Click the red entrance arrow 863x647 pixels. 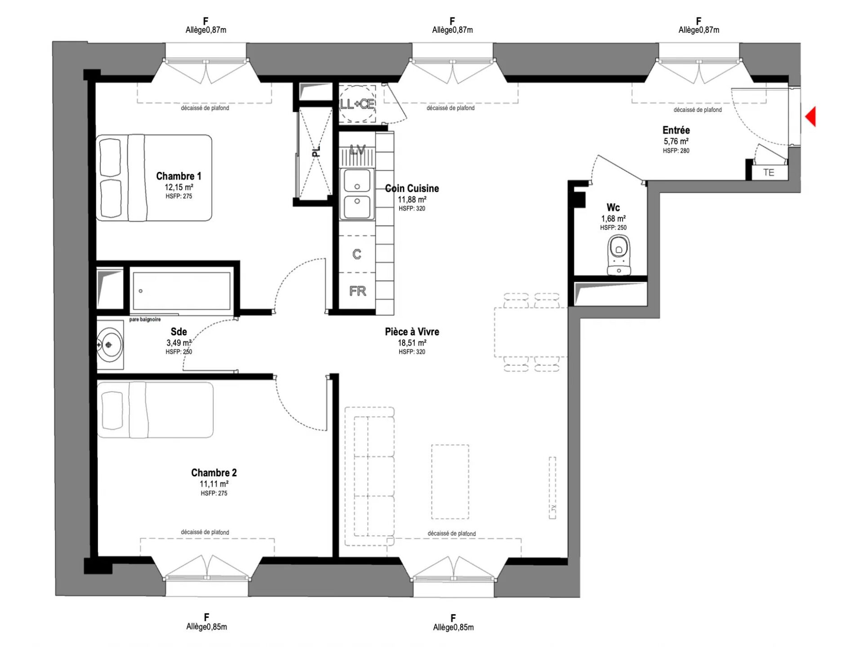[x=810, y=116]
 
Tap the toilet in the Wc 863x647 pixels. [x=619, y=255]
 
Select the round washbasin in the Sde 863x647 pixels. [x=109, y=345]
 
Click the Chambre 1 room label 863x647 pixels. [x=178, y=176]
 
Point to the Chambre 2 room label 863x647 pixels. [x=214, y=473]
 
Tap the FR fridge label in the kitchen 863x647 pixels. [x=358, y=291]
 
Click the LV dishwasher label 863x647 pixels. [x=357, y=150]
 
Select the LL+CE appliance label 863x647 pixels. [x=357, y=104]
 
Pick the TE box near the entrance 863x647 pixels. [x=769, y=173]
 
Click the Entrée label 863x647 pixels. [x=676, y=130]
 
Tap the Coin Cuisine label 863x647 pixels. [x=412, y=189]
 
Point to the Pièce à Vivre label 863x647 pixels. [x=412, y=332]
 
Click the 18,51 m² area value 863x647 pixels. [x=412, y=343]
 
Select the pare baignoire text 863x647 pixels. [x=145, y=319]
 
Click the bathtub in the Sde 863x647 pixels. [x=181, y=290]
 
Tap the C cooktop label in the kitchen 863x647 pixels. [x=357, y=254]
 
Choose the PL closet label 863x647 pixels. [x=316, y=151]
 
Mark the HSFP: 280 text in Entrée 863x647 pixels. [x=676, y=151]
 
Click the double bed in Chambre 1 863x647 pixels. [x=154, y=178]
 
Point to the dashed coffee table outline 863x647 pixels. [x=450, y=482]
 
